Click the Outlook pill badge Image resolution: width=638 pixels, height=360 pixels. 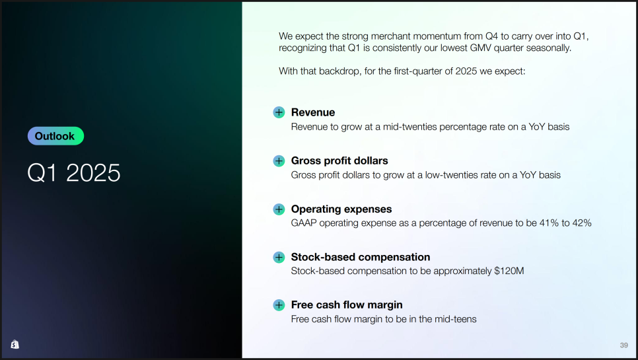click(x=55, y=136)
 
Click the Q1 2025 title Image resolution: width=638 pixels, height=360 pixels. click(x=74, y=172)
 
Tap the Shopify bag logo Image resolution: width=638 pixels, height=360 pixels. click(x=15, y=344)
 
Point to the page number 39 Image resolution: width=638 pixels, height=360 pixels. click(x=623, y=345)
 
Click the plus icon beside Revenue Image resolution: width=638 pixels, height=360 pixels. click(x=279, y=112)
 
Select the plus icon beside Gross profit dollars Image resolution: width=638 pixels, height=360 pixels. click(x=279, y=161)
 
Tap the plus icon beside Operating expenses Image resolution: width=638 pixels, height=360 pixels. click(x=279, y=209)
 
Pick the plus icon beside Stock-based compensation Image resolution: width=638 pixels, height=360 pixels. click(x=279, y=257)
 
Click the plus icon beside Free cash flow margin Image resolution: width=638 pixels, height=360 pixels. click(x=279, y=305)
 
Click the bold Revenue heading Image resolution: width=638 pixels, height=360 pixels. click(x=313, y=112)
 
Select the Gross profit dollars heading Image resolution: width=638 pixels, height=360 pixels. click(x=339, y=161)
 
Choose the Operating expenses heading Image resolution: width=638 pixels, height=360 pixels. click(x=341, y=209)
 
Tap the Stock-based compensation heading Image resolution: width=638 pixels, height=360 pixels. click(x=361, y=257)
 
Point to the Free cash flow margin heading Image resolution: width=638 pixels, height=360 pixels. click(x=347, y=305)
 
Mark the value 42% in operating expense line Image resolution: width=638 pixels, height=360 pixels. click(x=582, y=223)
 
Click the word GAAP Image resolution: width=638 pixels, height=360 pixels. click(x=304, y=223)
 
